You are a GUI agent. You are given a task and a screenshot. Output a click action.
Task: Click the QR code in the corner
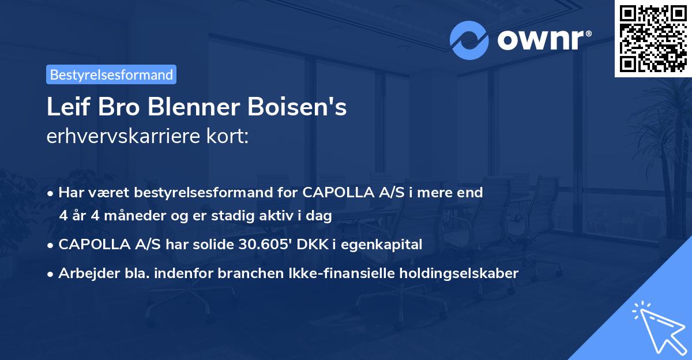point(653,38)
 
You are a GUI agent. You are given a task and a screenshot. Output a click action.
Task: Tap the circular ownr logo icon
point(469,40)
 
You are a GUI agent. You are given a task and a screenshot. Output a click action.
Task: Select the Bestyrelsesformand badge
point(111,74)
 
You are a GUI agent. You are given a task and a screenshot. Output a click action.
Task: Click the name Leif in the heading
point(66,107)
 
